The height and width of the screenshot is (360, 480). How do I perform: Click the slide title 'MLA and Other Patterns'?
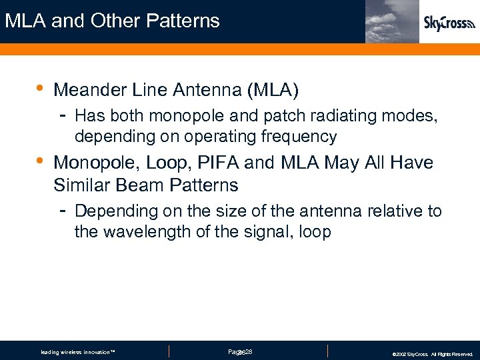coord(112,21)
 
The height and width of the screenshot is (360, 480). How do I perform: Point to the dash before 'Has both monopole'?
coord(61,115)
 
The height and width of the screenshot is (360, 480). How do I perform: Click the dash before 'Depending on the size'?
coord(61,209)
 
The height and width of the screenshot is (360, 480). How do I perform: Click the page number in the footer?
coord(239,351)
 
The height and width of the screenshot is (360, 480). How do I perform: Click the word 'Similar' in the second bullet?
coord(83,184)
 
